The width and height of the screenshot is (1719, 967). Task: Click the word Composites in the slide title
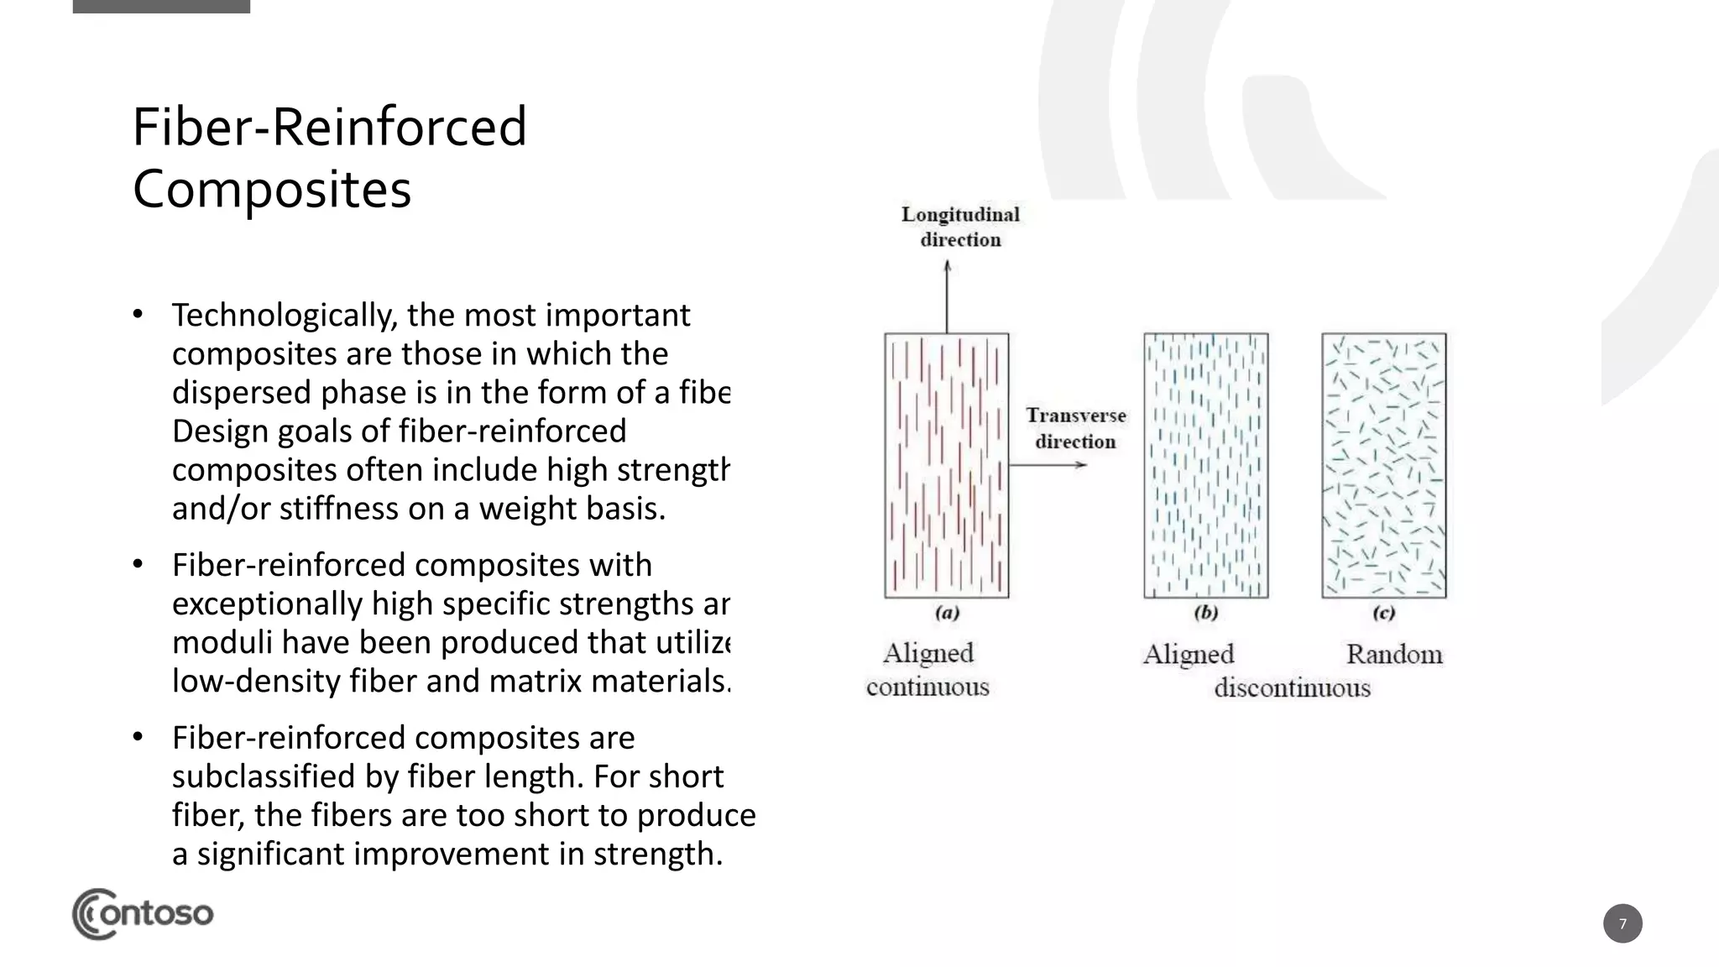(271, 190)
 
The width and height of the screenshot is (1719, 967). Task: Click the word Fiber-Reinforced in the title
(329, 127)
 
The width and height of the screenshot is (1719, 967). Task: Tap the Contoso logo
(142, 913)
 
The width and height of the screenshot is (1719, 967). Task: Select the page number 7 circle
(1622, 923)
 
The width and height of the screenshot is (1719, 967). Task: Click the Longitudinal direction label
(960, 227)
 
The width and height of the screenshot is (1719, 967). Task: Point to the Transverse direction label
(1075, 428)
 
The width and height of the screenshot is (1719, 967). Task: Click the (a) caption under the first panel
(947, 613)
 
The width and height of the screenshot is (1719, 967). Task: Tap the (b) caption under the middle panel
(1205, 613)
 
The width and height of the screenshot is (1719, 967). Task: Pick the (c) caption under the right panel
(1383, 613)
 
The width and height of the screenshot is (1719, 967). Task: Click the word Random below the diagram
(1393, 654)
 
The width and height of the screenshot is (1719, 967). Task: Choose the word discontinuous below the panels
(1292, 688)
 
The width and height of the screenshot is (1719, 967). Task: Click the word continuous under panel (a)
(927, 687)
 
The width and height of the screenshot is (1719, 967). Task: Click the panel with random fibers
(1383, 465)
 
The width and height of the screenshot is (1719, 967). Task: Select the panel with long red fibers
(947, 465)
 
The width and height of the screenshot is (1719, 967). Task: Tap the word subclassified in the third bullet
(264, 776)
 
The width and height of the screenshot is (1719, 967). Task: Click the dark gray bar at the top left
(161, 6)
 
